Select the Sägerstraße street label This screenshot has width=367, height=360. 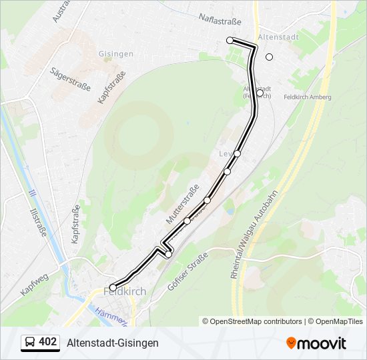pyautogui.click(x=69, y=79)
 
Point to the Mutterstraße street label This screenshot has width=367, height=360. pyautogui.click(x=182, y=205)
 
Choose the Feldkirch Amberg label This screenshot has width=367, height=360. pyautogui.click(x=308, y=97)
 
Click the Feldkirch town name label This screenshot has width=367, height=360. pyautogui.click(x=125, y=291)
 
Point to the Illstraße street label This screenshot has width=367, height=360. pyautogui.click(x=39, y=222)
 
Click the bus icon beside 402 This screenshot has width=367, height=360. pyautogui.click(x=30, y=343)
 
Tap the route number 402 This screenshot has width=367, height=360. pyautogui.click(x=48, y=342)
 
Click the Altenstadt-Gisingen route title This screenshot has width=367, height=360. pyautogui.click(x=113, y=343)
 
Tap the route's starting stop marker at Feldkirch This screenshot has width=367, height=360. pyautogui.click(x=113, y=287)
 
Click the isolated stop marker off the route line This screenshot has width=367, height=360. pyautogui.click(x=270, y=57)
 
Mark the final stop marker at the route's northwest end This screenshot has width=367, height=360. pyautogui.click(x=230, y=41)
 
